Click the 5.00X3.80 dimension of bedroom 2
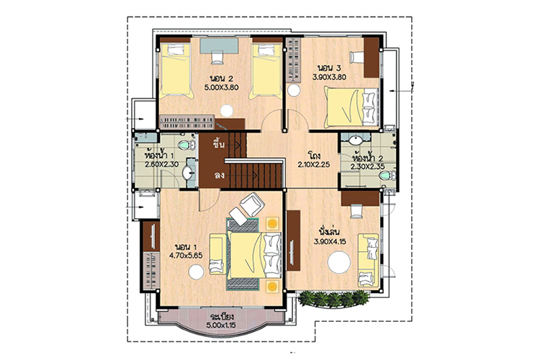222,88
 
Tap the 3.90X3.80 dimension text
329,77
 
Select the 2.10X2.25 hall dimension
314,165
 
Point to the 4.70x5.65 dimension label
186,256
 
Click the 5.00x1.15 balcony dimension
221,325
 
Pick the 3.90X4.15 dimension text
330,241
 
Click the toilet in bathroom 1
187,145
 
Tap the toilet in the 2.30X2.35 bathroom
387,176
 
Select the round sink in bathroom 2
355,140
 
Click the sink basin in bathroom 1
188,173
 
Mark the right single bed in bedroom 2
267,71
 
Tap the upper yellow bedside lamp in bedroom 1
272,224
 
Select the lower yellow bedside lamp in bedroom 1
272,286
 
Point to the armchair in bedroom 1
252,204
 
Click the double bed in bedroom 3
351,107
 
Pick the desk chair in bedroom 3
356,57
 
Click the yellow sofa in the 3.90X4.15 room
368,261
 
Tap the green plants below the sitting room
333,298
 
